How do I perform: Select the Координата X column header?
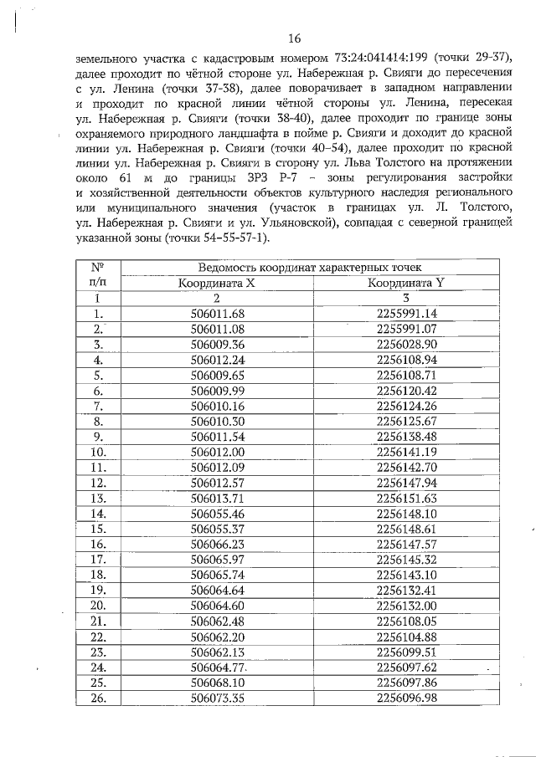click(217, 283)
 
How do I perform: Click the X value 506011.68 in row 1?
click(217, 314)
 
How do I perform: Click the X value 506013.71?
click(217, 497)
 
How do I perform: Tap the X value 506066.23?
click(217, 543)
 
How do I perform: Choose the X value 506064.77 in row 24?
click(217, 667)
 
